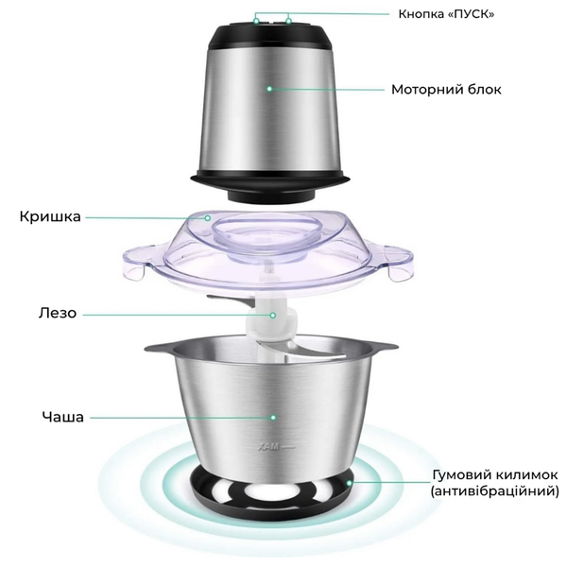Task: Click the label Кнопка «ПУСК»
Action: pos(446,14)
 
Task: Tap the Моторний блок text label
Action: pos(446,90)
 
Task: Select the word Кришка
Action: pos(50,216)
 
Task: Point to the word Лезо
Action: pos(58,313)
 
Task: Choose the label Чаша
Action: pos(63,417)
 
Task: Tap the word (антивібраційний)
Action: pos(494,491)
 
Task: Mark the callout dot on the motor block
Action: pos(269,89)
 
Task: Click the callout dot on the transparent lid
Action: pos(208,218)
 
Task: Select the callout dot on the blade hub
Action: pos(273,316)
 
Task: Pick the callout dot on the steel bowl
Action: pos(273,418)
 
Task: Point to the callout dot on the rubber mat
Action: pos(349,483)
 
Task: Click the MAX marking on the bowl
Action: pos(268,448)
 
